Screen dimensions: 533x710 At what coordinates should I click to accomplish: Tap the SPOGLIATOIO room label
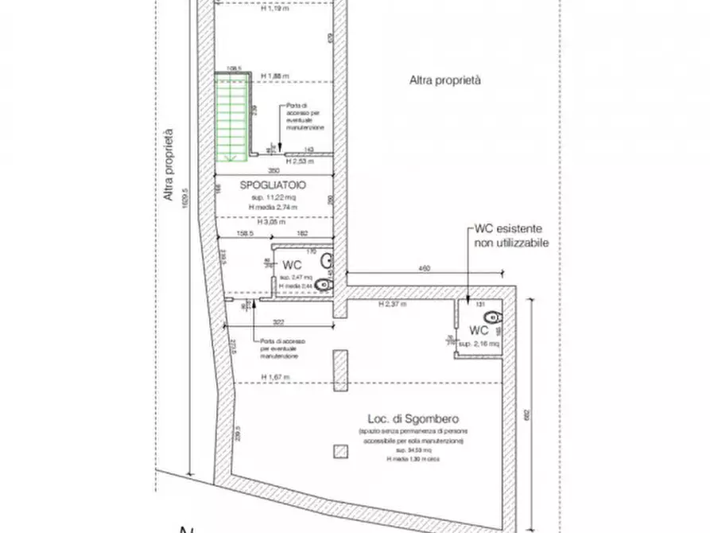(x=273, y=185)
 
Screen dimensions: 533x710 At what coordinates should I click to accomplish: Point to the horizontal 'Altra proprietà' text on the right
(x=445, y=80)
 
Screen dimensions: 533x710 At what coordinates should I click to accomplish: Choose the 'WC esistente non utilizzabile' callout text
(x=511, y=235)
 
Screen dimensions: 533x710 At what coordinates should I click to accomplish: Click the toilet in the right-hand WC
(x=491, y=317)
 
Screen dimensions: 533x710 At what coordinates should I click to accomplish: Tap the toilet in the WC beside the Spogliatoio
(x=323, y=284)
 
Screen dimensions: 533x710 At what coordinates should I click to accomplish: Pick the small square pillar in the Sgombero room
(x=341, y=451)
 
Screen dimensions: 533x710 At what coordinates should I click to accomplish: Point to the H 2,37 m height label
(x=391, y=304)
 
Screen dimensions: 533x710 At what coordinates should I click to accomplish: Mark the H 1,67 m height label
(x=274, y=377)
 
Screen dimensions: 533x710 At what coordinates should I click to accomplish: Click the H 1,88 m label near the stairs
(x=274, y=76)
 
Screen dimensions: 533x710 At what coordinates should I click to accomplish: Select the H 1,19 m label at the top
(x=274, y=10)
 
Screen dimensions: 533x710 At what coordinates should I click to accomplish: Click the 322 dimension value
(x=278, y=321)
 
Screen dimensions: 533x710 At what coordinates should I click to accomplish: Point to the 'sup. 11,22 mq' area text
(x=273, y=196)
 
